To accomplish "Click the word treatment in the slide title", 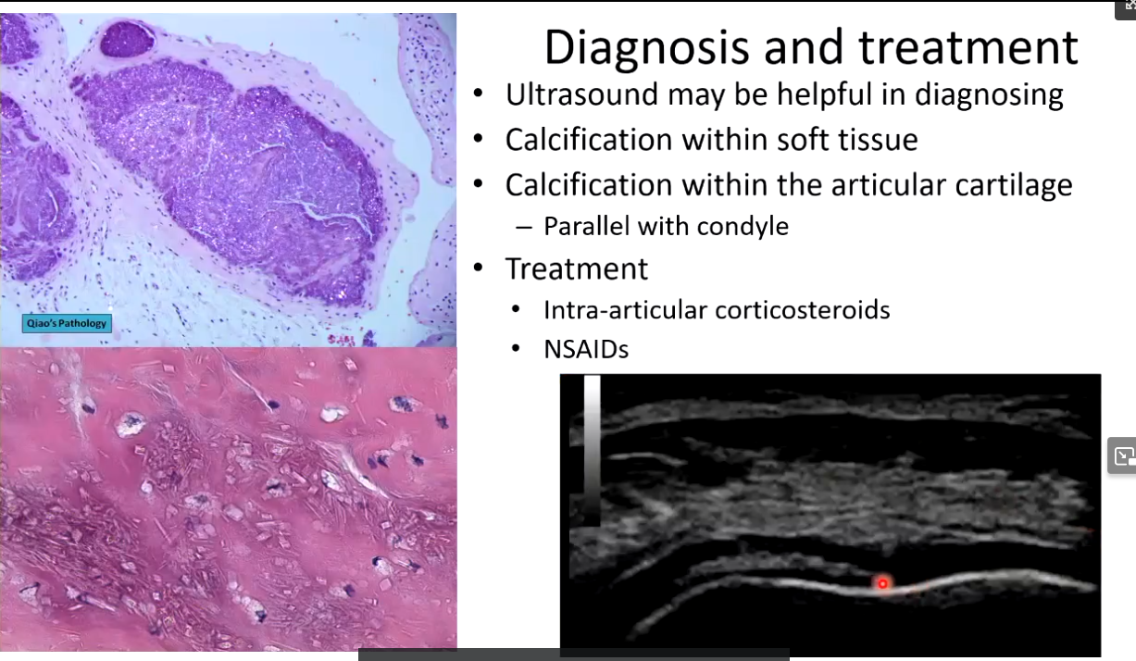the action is point(968,48).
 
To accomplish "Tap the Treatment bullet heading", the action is point(577,268).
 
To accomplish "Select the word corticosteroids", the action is point(803,310).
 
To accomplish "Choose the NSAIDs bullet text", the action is point(586,350).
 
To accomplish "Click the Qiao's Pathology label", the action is point(67,324).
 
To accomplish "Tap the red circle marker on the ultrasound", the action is point(883,583).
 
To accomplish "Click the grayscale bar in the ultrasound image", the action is point(592,449).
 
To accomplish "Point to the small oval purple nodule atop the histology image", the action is point(127,39).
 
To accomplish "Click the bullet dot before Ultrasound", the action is point(479,94).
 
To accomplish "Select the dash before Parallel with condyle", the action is point(523,228).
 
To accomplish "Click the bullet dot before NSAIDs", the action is point(516,349).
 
